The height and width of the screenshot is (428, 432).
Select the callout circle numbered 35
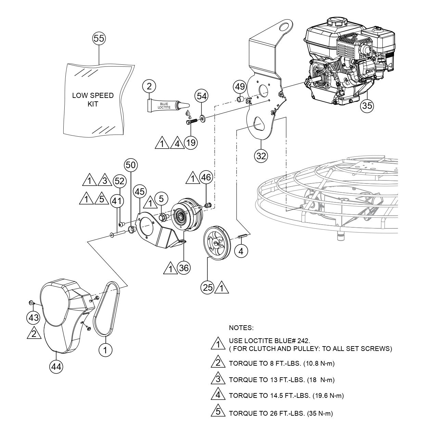coord(367,106)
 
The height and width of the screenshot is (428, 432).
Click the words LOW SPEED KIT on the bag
coord(93,99)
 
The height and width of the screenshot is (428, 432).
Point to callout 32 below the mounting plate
coord(261,156)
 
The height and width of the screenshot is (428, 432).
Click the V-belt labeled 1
coord(108,308)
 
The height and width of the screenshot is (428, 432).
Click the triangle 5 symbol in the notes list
coord(217,412)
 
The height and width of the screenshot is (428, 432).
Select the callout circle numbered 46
coord(206,177)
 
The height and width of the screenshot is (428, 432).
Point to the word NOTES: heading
coord(241,328)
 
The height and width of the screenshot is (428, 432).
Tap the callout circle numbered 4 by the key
coord(241,251)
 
